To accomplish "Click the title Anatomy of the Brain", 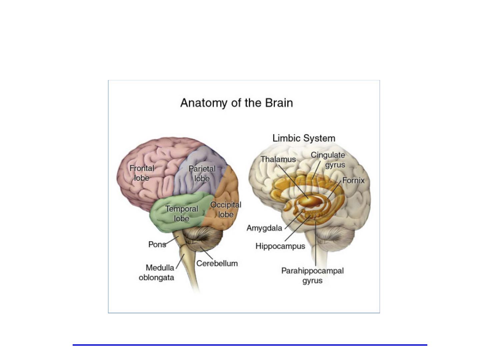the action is (236, 103).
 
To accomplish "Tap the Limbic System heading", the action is (304, 138).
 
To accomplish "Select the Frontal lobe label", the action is (142, 173).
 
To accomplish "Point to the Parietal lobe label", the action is (202, 174).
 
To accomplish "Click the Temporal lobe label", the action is (182, 214).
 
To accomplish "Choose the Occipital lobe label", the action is (226, 209).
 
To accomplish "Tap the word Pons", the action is (157, 244).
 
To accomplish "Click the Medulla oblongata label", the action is (157, 273).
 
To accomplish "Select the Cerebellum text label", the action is (217, 263).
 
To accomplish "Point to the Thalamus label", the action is (278, 159).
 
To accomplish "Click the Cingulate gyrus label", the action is (328, 160).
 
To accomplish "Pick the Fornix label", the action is (353, 180).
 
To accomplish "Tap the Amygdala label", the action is (264, 228).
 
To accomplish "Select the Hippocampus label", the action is (280, 246).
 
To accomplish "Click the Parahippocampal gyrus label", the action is (312, 275).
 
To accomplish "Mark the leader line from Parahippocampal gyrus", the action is (316, 243).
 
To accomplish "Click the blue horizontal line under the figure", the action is (250, 345).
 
